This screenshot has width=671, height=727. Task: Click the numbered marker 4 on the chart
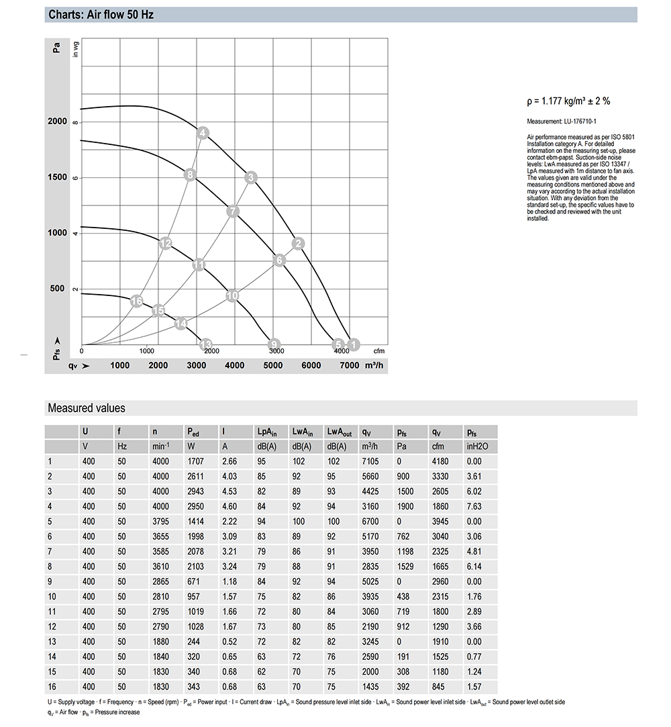coord(203,133)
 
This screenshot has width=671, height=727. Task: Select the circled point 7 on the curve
coord(233,211)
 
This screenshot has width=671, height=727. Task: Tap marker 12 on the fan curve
coord(166,243)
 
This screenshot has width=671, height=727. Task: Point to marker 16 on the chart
coord(137,301)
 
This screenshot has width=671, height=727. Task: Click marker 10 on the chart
coord(232,295)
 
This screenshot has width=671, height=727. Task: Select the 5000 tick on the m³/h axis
coord(272,365)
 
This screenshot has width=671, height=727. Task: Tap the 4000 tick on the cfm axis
coord(340,351)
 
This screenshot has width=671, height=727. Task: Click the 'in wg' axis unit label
coord(76,50)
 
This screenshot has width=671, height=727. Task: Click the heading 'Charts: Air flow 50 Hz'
coord(101,14)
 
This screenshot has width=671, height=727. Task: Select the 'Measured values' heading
coord(86,408)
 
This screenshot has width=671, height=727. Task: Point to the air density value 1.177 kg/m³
coord(568,101)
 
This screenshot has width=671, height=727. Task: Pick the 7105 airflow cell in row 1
coord(371,461)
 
